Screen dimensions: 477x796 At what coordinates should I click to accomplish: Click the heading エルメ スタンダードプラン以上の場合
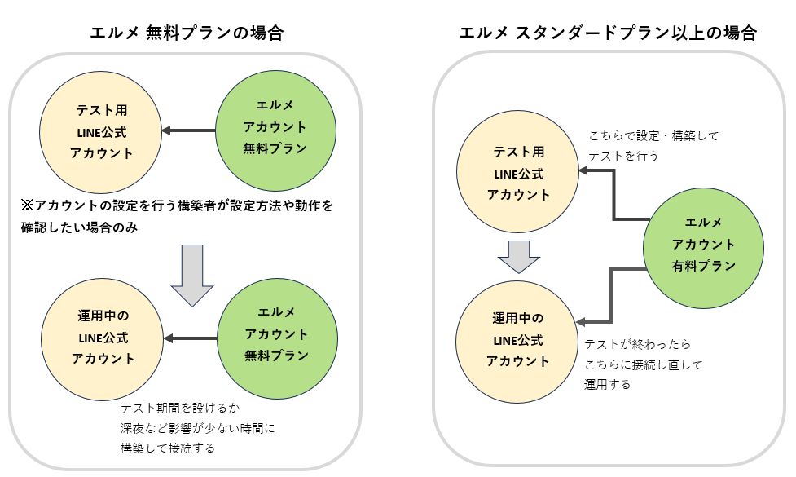coord(608,33)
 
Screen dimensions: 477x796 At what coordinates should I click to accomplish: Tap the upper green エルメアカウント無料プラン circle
coord(275,127)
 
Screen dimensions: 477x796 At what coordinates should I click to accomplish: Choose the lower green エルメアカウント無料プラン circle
coord(276,334)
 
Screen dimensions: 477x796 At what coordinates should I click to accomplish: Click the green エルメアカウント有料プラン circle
coord(703,244)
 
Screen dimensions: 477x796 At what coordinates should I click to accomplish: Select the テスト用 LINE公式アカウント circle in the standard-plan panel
coord(518,173)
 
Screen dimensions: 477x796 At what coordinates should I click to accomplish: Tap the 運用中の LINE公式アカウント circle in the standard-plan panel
coord(518,339)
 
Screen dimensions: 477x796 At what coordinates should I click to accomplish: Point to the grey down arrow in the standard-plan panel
coord(518,256)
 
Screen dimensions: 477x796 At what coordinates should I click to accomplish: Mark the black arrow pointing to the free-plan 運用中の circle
coord(191,338)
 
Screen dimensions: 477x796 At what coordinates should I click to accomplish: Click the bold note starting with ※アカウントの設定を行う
coord(178,216)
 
